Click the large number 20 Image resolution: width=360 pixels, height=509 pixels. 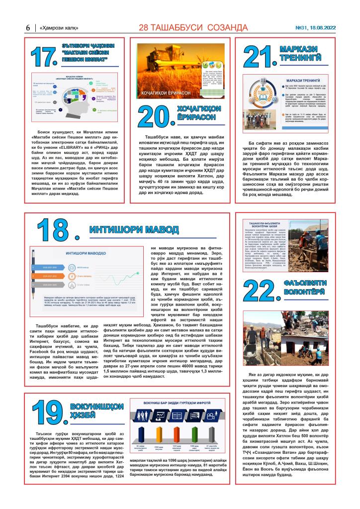coord(155,116)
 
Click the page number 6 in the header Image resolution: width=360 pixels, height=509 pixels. coord(28,28)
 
